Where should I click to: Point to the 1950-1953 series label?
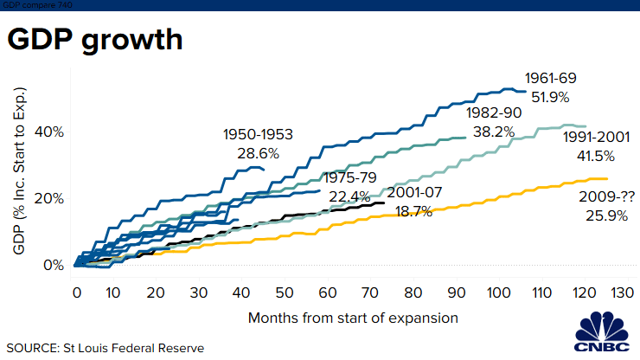(258, 134)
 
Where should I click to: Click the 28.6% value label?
(258, 153)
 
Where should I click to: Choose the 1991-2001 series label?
(595, 137)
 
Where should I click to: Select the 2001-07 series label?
(416, 192)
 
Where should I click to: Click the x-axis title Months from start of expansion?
(353, 318)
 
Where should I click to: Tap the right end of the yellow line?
(547, 179)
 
